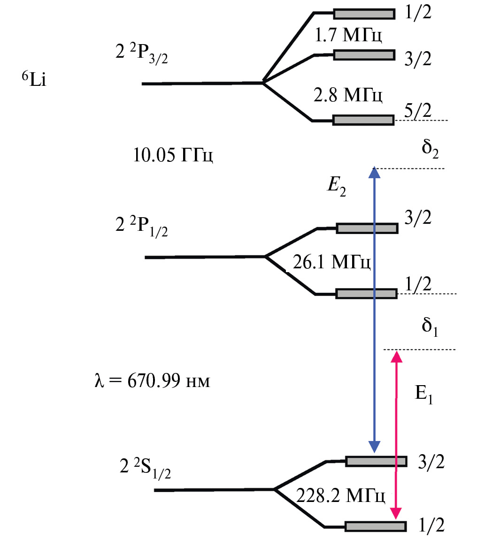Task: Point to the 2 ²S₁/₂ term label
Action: tap(146, 468)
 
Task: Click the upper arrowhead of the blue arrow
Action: tap(374, 173)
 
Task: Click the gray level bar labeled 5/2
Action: tap(363, 120)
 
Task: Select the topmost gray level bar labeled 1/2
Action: tap(364, 14)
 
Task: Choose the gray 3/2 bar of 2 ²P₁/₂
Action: tap(367, 228)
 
